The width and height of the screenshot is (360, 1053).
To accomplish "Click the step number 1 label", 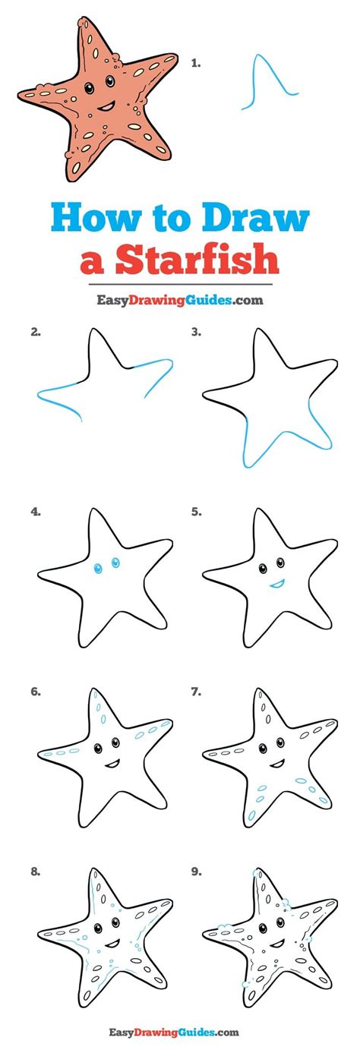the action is click(x=195, y=63).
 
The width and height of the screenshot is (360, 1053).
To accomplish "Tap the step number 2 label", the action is click(x=36, y=332).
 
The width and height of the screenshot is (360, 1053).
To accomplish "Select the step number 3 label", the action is click(x=196, y=332).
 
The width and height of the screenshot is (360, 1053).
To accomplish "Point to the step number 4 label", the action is click(x=36, y=512).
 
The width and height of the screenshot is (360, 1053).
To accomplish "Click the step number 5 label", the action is click(x=196, y=512).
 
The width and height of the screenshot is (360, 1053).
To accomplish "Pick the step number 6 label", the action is click(x=36, y=692).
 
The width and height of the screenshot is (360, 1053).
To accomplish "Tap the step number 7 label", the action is click(x=196, y=692).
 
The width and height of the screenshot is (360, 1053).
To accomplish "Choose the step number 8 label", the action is click(x=36, y=872).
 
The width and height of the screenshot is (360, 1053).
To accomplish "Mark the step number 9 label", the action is click(x=196, y=872).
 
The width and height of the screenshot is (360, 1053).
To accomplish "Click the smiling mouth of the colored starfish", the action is click(x=106, y=107).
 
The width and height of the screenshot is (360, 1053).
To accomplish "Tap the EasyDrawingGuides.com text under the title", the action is click(x=180, y=300).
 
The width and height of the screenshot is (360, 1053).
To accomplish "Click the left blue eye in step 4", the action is click(x=98, y=569).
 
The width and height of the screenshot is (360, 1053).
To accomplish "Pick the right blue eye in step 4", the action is click(x=115, y=562).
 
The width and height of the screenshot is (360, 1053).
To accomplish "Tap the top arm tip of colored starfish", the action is click(x=84, y=21).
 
